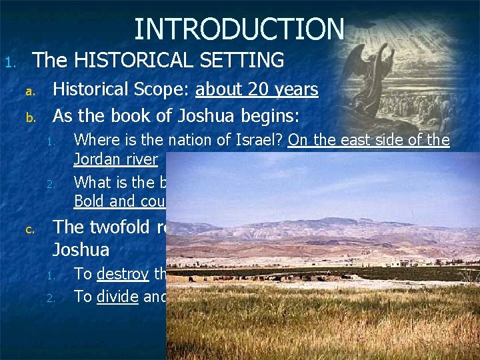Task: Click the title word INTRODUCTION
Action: tap(239, 29)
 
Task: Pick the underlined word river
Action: tap(141, 160)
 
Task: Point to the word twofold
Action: tap(129, 227)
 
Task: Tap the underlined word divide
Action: tap(118, 297)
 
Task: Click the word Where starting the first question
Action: tap(94, 141)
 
